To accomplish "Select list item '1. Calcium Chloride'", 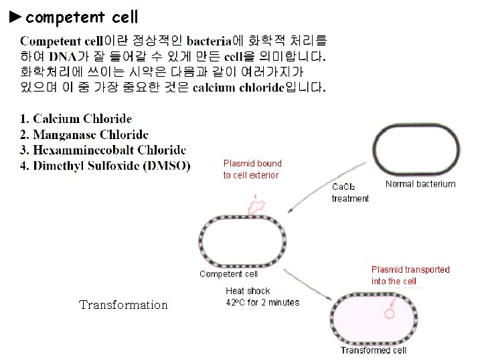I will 76,119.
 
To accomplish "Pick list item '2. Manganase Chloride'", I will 84,135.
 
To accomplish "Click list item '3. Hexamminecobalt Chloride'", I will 103,150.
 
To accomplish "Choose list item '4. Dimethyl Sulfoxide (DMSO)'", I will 106,166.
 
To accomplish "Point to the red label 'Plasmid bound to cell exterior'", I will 252,169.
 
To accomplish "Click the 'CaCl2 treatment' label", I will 350,193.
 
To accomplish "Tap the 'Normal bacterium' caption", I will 420,184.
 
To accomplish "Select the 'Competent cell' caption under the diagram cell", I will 228,274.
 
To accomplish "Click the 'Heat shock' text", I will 248,291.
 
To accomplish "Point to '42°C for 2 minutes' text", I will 262,302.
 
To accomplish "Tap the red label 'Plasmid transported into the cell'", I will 410,275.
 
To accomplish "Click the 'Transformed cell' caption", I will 374,350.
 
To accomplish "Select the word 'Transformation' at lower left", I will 123,305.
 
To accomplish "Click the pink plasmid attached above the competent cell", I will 256,205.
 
